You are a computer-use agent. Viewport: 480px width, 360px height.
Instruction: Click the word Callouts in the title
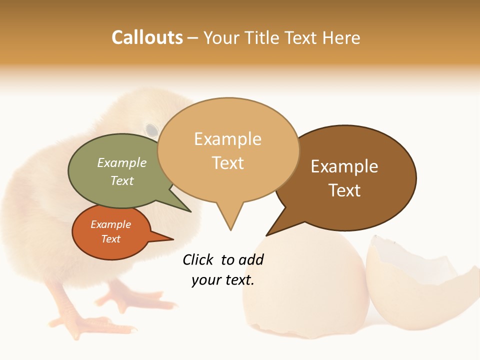click(147, 38)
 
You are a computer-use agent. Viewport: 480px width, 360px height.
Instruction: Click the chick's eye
click(151, 129)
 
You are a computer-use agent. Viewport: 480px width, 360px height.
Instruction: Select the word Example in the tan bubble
click(227, 139)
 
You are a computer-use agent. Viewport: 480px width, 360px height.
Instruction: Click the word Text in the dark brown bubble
click(344, 190)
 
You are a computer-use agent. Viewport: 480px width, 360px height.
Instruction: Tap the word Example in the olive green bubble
click(121, 163)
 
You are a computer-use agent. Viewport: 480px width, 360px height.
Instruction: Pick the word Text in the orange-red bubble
click(111, 239)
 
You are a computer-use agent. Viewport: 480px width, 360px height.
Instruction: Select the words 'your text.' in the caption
click(223, 280)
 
